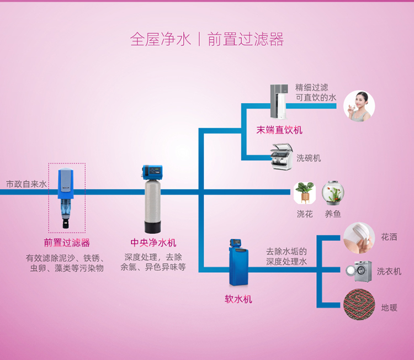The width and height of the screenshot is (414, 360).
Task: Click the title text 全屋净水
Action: click(x=160, y=39)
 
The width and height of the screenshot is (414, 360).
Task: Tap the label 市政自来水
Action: click(x=26, y=184)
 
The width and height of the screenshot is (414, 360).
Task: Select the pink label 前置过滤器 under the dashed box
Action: click(x=67, y=243)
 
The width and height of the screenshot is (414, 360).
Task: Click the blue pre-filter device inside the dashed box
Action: click(x=66, y=198)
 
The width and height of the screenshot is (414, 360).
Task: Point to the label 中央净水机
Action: click(x=153, y=243)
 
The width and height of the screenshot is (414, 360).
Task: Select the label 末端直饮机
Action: click(x=279, y=130)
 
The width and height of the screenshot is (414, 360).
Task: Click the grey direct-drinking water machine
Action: click(x=279, y=102)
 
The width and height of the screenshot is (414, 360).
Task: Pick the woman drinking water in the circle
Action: click(x=359, y=106)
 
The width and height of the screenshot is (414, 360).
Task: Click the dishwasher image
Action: click(x=282, y=157)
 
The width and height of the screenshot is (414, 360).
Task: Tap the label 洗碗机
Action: click(x=309, y=158)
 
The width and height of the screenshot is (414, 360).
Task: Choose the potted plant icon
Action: click(x=305, y=193)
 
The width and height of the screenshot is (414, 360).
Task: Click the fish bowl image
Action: click(x=333, y=193)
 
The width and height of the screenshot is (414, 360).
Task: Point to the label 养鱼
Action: click(x=333, y=214)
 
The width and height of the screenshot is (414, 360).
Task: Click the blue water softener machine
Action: click(x=238, y=263)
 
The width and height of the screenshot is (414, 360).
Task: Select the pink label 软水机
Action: click(x=238, y=299)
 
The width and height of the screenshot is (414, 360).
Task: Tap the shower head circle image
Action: click(x=359, y=238)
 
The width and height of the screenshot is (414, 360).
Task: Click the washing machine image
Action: click(x=359, y=271)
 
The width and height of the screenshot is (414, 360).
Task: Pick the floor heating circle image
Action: click(x=359, y=305)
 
